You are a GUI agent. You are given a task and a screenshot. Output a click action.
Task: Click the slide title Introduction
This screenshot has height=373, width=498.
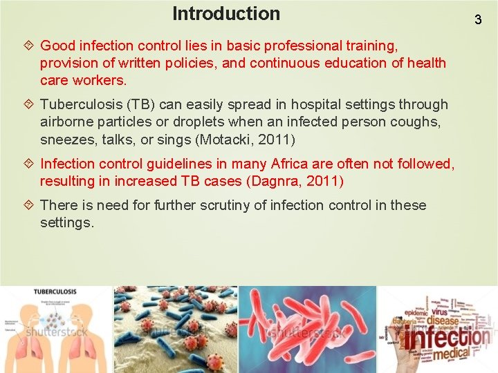pos(226,14)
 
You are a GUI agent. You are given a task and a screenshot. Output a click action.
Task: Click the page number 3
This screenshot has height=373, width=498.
pos(477,19)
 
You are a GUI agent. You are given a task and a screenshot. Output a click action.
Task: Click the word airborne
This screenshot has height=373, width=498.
pos(67,122)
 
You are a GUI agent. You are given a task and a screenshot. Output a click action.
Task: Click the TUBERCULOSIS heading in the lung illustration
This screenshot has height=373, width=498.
pos(55,292)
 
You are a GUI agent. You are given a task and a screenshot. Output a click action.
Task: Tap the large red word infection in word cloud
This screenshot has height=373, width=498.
pos(448,338)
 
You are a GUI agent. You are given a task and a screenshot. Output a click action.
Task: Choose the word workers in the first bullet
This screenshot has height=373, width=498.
pos(98,81)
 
